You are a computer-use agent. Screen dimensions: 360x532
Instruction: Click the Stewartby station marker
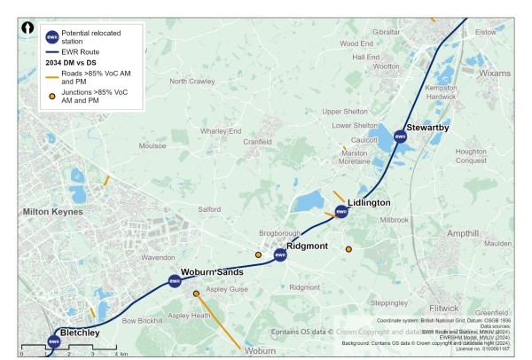tap(400, 137)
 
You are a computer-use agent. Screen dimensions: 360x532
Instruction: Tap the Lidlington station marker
tap(341, 211)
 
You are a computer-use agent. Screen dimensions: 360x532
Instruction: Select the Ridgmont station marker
tap(280, 255)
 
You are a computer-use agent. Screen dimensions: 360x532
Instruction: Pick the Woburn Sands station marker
tap(175, 281)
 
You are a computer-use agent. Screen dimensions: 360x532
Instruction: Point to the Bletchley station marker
tap(54, 341)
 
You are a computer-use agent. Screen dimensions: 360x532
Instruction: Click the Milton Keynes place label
tap(53, 212)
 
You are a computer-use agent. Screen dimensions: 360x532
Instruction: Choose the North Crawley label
tap(192, 82)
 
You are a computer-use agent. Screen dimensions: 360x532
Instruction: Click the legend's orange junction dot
tap(52, 97)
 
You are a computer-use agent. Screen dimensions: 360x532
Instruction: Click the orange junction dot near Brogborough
tap(258, 254)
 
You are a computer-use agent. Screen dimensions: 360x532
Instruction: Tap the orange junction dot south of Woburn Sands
tap(196, 293)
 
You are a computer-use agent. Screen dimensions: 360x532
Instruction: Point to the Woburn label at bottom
tap(261, 351)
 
